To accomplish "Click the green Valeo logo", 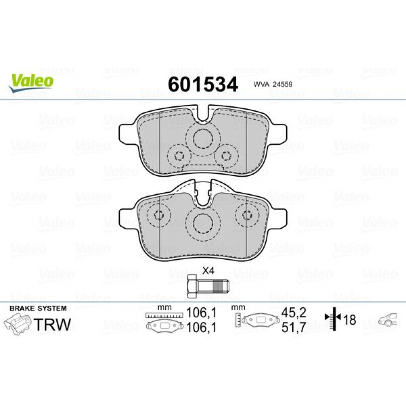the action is click(31, 82).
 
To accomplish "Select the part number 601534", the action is click(203, 84).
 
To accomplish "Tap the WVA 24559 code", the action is click(273, 84).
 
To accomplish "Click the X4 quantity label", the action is click(209, 271).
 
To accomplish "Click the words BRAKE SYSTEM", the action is click(38, 309).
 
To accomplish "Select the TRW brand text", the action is click(52, 324).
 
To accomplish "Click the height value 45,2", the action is click(294, 313).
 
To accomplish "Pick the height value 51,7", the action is click(294, 327).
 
